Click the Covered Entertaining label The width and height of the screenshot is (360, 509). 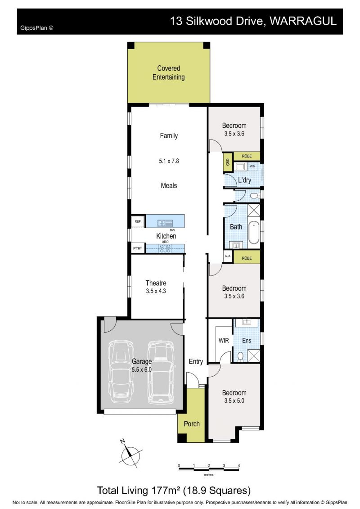tap(168, 73)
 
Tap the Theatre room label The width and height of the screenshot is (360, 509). tap(156, 283)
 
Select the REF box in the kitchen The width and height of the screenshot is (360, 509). tap(138, 221)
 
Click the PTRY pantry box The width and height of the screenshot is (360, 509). tap(138, 248)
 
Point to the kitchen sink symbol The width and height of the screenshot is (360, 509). tap(165, 223)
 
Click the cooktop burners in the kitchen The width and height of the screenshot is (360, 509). tap(165, 249)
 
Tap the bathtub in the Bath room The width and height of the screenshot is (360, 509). tap(254, 232)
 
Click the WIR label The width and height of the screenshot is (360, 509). tap(224, 341)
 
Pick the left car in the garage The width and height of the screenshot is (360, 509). tap(122, 372)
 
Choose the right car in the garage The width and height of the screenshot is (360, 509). tap(161, 372)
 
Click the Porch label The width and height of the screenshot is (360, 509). tap(192, 424)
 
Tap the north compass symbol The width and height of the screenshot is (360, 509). tap(130, 455)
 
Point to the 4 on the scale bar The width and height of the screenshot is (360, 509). tap(239, 465)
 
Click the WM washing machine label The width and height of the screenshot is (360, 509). tap(252, 167)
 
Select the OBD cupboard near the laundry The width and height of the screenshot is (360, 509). tap(227, 162)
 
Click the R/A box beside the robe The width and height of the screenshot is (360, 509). tap(228, 256)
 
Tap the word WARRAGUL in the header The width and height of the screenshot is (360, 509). tap(303, 21)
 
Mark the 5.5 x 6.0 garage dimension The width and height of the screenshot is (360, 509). tap(142, 369)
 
